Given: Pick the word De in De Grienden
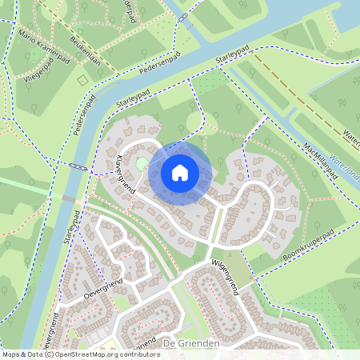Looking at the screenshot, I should coord(168,343).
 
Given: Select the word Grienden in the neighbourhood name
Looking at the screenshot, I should coord(196,343).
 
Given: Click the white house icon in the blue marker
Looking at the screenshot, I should coord(180,173).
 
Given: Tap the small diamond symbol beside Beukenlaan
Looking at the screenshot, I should coord(81,81).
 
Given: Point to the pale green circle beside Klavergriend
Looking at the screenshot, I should coord(142,164).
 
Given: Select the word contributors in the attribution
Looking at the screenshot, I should coord(138,354).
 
